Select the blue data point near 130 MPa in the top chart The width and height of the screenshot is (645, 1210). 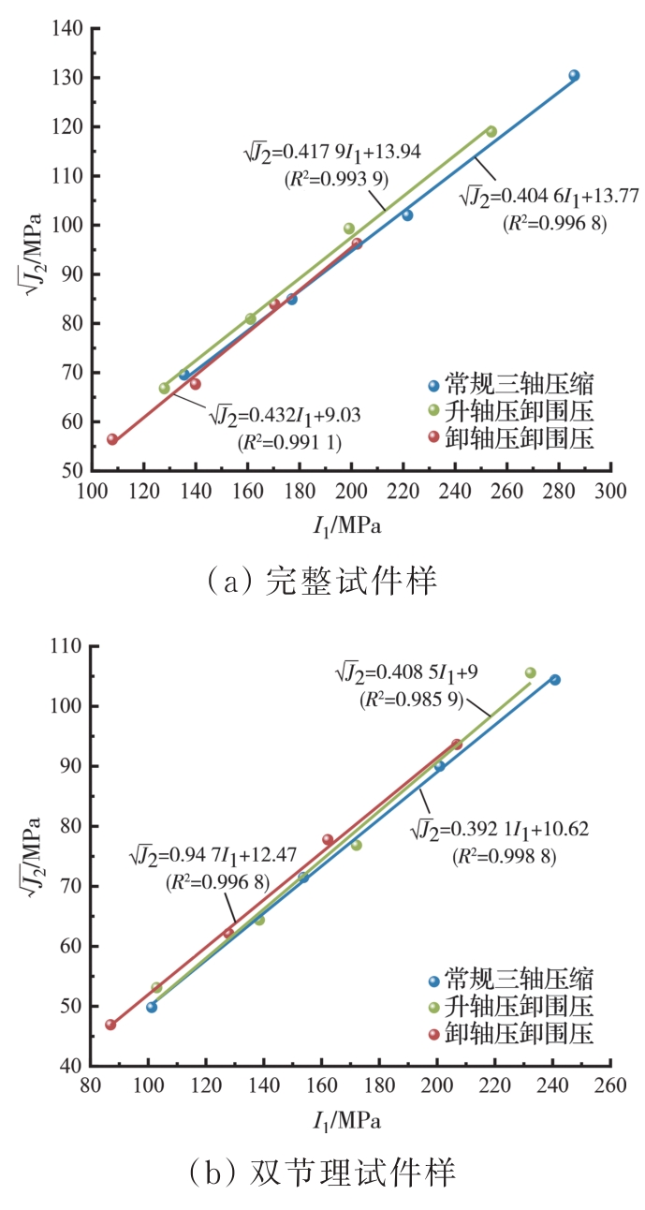pos(574,76)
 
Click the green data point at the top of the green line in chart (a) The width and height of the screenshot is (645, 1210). pos(491,132)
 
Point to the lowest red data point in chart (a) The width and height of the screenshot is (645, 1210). pos(112,439)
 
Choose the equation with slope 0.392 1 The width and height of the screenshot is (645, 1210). pos(500,828)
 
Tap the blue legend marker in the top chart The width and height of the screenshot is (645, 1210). pos(432,385)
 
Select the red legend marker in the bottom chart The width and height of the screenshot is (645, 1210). pos(432,1034)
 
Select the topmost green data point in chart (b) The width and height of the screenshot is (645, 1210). pos(530,672)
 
